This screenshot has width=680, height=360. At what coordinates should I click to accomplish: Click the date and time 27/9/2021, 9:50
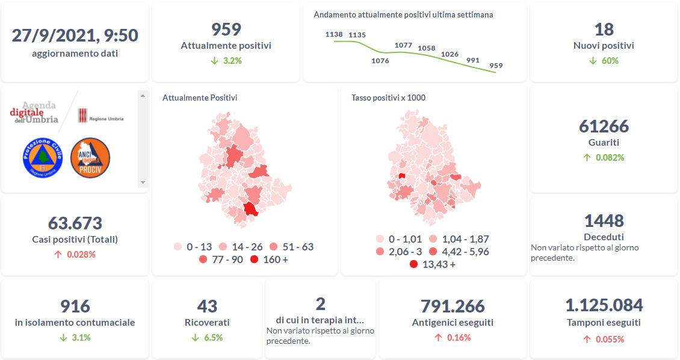pyautogui.click(x=75, y=36)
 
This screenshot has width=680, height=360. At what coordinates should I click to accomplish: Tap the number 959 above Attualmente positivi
pyautogui.click(x=226, y=29)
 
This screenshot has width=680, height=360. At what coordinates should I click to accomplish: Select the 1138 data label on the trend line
pyautogui.click(x=333, y=35)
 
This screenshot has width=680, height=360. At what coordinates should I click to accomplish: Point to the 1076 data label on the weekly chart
pyautogui.click(x=380, y=60)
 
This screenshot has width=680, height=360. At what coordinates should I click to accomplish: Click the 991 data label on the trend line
pyautogui.click(x=472, y=60)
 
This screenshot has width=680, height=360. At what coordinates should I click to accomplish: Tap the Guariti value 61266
pyautogui.click(x=604, y=126)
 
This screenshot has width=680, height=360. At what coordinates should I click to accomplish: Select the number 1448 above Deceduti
pyautogui.click(x=604, y=220)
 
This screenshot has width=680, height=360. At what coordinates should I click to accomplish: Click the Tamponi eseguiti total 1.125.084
pyautogui.click(x=604, y=305)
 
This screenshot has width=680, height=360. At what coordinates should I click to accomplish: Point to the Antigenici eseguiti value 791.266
pyautogui.click(x=454, y=306)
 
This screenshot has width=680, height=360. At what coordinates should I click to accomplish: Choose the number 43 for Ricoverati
pyautogui.click(x=207, y=306)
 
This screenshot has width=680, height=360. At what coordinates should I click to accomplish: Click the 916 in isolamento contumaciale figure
pyautogui.click(x=75, y=306)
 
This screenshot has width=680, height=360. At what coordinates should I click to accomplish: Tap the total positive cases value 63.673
pyautogui.click(x=75, y=223)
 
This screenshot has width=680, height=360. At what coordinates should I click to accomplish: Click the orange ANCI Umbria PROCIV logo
pyautogui.click(x=90, y=157)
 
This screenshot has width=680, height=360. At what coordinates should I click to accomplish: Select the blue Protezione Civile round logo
pyautogui.click(x=43, y=157)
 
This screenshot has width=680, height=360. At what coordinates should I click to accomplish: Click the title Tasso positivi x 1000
pyautogui.click(x=388, y=98)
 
